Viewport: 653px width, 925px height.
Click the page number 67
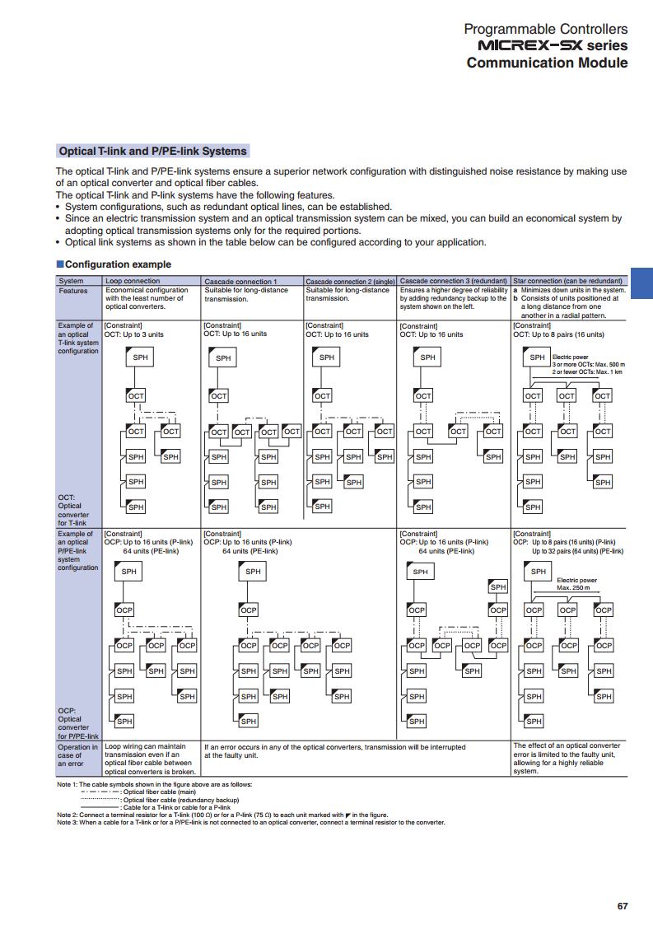pyautogui.click(x=623, y=906)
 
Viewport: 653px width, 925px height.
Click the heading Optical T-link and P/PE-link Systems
pyautogui.click(x=153, y=152)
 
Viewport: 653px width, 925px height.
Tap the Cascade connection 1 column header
pyautogui.click(x=240, y=281)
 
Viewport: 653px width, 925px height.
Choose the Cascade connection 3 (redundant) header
pyautogui.click(x=453, y=281)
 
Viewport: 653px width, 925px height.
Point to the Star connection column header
pyautogui.click(x=567, y=281)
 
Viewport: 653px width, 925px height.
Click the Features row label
pyautogui.click(x=73, y=291)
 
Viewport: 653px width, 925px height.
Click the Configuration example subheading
pyautogui.click(x=118, y=264)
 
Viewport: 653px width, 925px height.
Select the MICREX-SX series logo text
pyautogui.click(x=547, y=45)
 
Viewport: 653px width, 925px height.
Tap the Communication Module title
pyautogui.click(x=547, y=63)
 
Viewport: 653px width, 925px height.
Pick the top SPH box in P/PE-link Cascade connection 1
pyautogui.click(x=252, y=572)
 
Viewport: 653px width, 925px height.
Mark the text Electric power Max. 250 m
pyautogui.click(x=576, y=584)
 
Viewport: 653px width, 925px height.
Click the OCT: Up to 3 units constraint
pyautogui.click(x=134, y=334)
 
